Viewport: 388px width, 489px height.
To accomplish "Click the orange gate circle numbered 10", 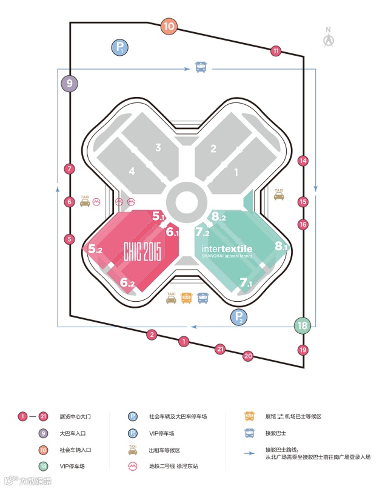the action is point(169,26).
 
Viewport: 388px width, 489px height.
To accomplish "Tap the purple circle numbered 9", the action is point(69,84).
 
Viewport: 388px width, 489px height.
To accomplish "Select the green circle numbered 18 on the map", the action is point(303,325).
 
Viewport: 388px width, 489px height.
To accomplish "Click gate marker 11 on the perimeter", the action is point(276,51).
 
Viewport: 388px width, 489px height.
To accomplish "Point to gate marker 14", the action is point(303,161).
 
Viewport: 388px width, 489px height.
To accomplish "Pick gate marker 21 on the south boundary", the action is point(220,348).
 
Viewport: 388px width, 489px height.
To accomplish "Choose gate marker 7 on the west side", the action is point(70,169).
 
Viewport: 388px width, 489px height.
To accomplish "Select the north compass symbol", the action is point(329,38).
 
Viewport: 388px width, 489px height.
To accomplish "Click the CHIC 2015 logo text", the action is point(142,250).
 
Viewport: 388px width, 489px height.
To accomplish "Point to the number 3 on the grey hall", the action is point(158,147).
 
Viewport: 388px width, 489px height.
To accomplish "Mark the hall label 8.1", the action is point(280,246).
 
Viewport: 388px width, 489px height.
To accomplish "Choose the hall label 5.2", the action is point(95,248).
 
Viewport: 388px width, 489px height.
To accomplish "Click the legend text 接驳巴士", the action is point(278,433).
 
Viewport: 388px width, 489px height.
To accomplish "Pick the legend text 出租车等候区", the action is point(164,450).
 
